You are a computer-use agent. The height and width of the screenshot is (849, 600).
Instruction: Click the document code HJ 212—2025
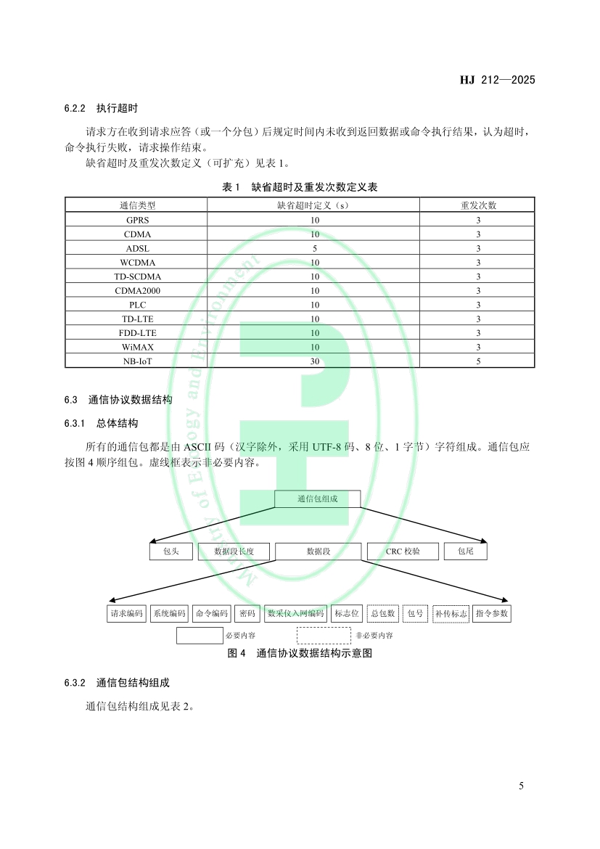497,80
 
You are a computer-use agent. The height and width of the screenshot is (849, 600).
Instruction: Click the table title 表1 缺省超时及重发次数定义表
300,187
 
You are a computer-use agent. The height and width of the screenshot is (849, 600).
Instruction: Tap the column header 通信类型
137,205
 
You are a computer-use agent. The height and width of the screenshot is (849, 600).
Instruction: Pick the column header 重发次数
478,205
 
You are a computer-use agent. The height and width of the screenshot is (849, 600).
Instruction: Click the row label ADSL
137,248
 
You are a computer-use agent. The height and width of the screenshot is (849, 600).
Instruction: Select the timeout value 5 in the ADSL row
315,248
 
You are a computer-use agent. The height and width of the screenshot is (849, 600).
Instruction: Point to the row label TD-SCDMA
137,276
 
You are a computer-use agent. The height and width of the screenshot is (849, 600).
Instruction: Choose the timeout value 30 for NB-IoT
315,361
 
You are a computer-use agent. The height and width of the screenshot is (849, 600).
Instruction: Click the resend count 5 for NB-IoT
478,361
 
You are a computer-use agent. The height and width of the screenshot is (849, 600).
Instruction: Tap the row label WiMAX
137,347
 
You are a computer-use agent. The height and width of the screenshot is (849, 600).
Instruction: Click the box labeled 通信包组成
317,499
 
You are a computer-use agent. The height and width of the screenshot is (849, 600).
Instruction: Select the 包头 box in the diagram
170,551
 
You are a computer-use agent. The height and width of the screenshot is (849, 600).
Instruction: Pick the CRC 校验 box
403,551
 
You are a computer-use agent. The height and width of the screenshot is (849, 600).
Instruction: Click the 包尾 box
465,551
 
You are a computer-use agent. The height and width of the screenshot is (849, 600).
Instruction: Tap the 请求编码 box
126,614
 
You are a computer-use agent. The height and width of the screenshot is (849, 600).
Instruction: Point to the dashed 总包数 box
382,614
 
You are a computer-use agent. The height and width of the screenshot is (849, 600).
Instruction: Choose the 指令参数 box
491,614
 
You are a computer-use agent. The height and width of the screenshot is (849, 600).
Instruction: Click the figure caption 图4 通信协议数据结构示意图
300,653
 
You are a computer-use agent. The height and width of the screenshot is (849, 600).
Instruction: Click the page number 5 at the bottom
522,786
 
